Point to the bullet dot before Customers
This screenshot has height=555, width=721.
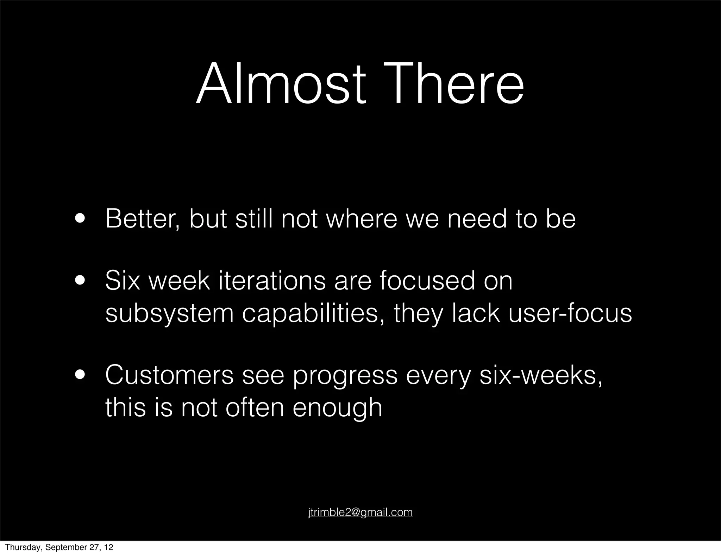(81, 375)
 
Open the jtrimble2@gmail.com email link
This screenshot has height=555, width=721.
(360, 512)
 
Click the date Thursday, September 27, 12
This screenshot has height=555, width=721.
(59, 547)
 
